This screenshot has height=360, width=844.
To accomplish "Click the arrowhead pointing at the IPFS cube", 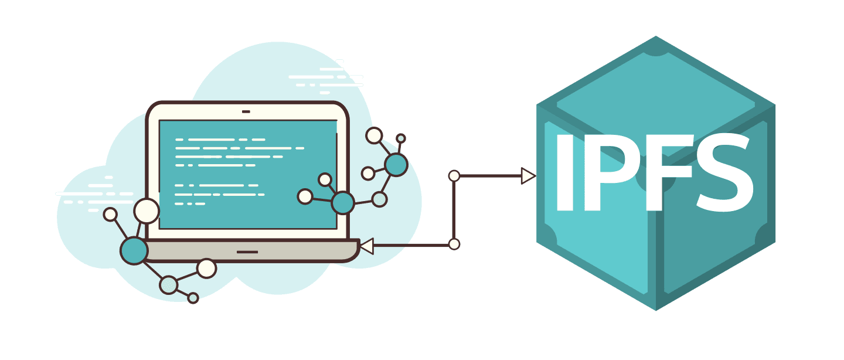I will (527, 176).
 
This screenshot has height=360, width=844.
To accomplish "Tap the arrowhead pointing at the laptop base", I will (367, 246).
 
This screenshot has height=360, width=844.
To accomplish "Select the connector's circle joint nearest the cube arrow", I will (454, 175).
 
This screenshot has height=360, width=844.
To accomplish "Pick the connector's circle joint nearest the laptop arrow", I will (454, 244).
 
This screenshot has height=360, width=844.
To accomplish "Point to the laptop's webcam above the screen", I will (246, 111).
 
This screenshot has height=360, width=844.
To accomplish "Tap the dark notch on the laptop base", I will (247, 252).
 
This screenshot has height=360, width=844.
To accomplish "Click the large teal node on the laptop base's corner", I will (134, 250).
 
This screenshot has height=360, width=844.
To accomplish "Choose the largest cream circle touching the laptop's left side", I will (147, 211).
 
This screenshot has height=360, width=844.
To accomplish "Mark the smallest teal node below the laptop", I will (193, 298).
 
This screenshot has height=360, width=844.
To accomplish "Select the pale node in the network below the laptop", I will (169, 285).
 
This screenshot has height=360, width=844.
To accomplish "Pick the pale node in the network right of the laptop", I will (379, 199).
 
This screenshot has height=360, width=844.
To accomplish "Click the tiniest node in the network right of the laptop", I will (401, 139).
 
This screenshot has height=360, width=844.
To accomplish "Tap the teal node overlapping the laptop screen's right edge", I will (343, 203).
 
